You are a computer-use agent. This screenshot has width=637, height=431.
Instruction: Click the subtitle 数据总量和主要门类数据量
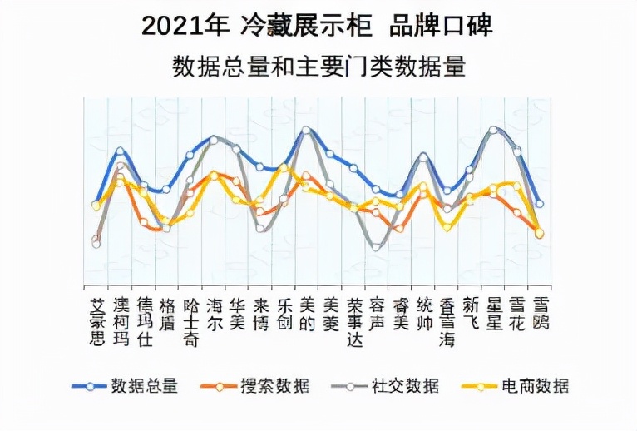tap(318, 67)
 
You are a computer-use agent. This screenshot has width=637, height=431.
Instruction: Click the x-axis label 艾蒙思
tap(96, 320)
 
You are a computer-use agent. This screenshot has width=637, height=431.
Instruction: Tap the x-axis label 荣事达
tap(353, 320)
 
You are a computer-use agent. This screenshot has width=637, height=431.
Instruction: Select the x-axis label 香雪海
tap(447, 320)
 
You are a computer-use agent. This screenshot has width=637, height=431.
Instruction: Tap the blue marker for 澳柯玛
tap(120, 151)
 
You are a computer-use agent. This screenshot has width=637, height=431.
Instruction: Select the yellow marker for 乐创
tap(283, 168)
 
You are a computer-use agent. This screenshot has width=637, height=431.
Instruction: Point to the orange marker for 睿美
tap(400, 227)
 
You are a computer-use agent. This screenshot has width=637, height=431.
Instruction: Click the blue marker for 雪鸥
tap(540, 203)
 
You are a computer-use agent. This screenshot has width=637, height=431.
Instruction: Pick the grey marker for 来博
tap(260, 227)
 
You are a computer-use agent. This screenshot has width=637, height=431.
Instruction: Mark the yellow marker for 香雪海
tap(447, 225)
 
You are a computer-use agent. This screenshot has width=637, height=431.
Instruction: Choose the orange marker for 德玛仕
tap(144, 222)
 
